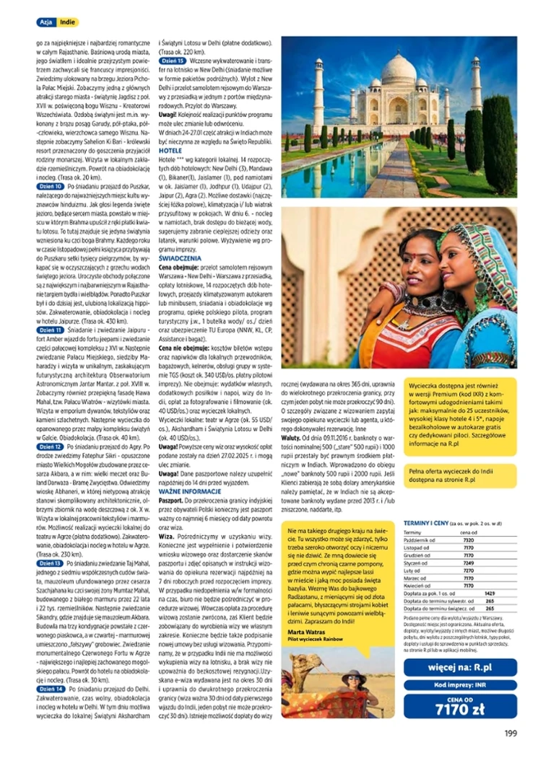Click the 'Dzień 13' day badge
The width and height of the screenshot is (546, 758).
coord(50,563)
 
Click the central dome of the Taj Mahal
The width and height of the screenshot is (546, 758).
coord(399,72)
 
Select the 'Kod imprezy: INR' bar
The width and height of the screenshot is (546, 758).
coord(460,684)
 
